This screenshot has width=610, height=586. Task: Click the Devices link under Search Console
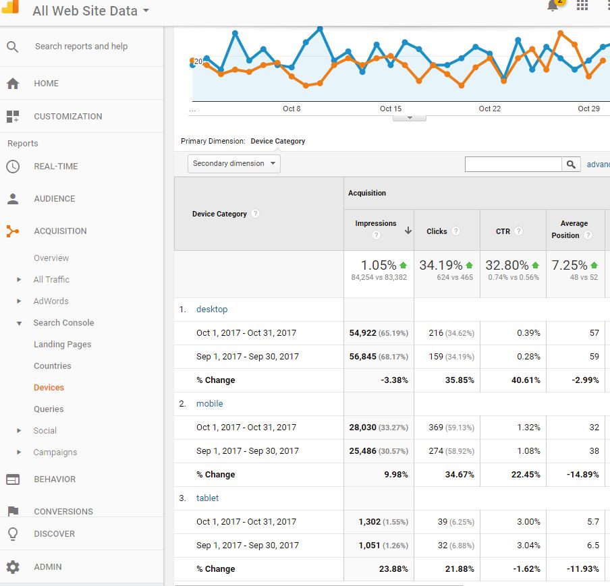click(49, 388)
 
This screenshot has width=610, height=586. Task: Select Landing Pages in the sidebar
click(62, 345)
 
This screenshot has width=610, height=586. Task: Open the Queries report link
click(49, 409)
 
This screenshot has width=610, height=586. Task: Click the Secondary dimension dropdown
click(233, 164)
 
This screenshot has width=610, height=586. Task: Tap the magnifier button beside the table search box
click(571, 165)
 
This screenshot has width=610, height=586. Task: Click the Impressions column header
click(376, 224)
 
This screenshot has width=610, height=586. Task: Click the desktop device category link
click(212, 310)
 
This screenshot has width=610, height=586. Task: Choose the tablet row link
click(207, 498)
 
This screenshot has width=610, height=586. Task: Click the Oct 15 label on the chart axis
click(391, 109)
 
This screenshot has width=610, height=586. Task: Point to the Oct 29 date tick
click(588, 109)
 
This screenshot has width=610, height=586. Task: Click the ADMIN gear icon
click(13, 567)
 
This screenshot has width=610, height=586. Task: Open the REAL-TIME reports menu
click(55, 167)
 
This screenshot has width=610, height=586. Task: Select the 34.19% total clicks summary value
click(441, 266)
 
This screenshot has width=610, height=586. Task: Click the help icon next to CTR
click(519, 231)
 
